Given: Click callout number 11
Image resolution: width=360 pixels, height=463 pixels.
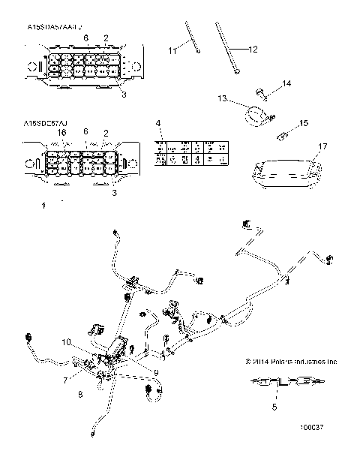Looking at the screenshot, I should pos(171,50).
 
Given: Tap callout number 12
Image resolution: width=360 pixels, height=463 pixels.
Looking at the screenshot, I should pos(252,50).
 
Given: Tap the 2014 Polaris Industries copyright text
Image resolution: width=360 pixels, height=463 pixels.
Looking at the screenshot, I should pos(292,361).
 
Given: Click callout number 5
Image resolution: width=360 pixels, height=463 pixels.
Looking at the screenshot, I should pos(274,407).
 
